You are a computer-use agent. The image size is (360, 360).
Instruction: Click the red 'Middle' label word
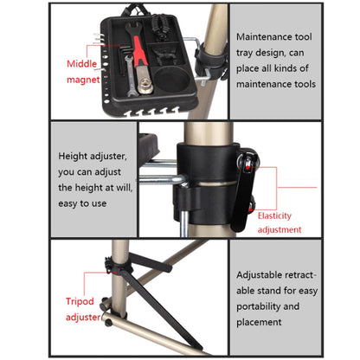point(81,63)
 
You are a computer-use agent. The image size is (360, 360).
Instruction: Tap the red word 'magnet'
point(83,80)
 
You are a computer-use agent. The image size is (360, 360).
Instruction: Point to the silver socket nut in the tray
point(145,87)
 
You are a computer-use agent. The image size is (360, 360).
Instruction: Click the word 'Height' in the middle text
point(73,156)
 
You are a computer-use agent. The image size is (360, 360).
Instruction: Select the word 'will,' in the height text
point(125,188)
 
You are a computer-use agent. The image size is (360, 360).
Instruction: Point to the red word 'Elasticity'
point(274,215)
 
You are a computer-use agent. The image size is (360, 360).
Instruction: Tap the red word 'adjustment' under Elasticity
point(280,230)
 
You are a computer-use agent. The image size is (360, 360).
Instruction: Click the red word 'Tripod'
point(80,301)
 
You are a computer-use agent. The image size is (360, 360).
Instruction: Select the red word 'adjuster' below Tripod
point(83,317)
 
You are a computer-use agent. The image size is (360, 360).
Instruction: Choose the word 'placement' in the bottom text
point(259,322)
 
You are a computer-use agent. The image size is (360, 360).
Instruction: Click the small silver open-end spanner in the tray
point(130,75)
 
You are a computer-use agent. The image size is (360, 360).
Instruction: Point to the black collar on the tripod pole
point(119,267)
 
